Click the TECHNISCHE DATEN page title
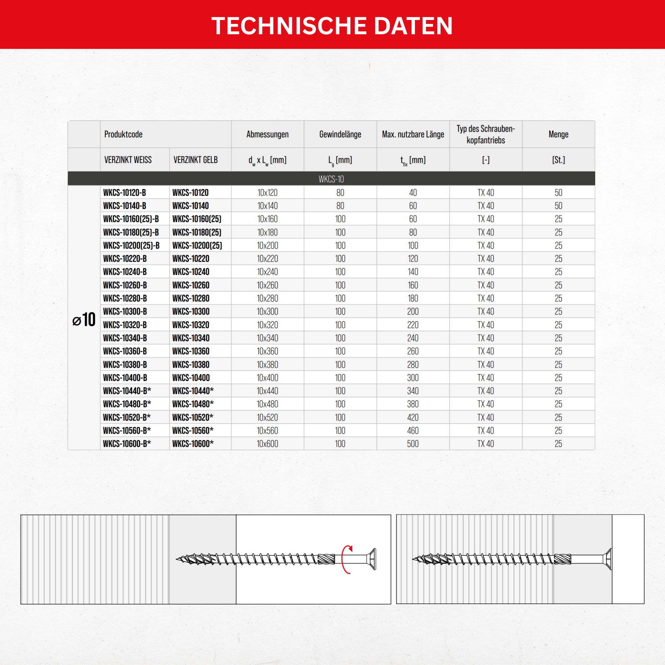332,26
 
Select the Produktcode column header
123,134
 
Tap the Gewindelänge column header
340,134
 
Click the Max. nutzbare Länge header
413,134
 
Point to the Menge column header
558,134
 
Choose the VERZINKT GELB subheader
196,160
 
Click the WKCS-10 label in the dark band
331,179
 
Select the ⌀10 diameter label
84,320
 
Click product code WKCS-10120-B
125,193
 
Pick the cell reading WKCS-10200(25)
197,245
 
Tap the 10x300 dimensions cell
267,312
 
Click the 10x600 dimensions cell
267,444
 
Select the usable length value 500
413,444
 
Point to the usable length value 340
413,391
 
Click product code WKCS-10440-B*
127,391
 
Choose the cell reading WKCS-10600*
193,444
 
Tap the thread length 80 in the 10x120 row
340,193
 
